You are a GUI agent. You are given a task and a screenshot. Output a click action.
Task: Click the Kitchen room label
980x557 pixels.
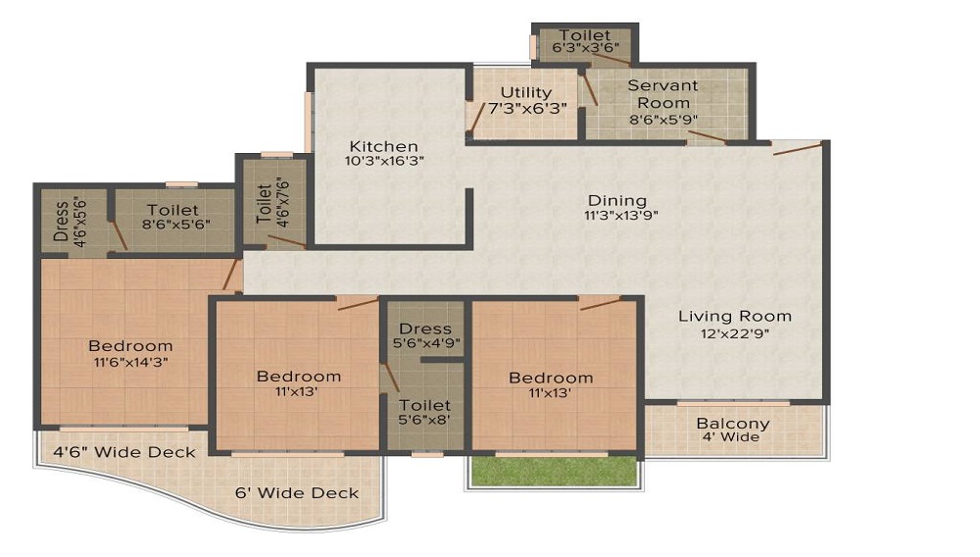pos(384,146)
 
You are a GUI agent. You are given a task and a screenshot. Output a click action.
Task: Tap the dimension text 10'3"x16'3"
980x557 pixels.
pos(384,160)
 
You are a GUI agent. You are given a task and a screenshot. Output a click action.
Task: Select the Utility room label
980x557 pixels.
pos(526,93)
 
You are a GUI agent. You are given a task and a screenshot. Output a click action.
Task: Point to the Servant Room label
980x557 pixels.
pos(663,94)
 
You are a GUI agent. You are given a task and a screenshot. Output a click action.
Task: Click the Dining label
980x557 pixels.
pos(617,199)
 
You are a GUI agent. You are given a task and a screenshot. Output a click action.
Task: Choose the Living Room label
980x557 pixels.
pos(734,316)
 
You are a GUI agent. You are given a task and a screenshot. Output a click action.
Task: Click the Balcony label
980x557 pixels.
pos(733,424)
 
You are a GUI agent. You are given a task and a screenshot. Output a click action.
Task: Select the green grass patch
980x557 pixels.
pos(555,472)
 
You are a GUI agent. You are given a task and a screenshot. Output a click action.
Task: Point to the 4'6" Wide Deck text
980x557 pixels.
pos(123,452)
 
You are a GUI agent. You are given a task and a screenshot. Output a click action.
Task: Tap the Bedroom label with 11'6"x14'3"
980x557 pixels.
pos(130,346)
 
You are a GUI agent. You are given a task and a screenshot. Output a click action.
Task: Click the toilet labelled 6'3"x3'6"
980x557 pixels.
pos(584,36)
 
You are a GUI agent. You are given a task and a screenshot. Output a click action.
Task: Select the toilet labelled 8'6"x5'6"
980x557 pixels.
pos(172,210)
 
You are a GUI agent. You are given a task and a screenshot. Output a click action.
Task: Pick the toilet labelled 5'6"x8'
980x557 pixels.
pos(425,405)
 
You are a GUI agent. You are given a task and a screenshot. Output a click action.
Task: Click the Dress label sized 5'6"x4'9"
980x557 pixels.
pos(425,329)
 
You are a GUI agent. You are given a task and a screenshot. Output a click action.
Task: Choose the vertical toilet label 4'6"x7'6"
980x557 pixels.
pos(264,203)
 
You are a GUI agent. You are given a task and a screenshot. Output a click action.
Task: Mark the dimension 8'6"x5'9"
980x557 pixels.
pos(663,121)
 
